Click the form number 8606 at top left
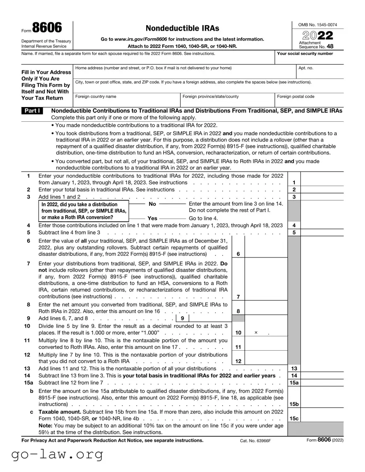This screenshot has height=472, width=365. tap(47, 28)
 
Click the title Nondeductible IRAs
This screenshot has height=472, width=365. tap(182, 28)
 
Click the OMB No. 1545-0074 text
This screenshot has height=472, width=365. tap(318, 25)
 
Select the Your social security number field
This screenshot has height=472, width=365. tap(310, 59)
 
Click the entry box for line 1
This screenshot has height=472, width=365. tap(322, 182)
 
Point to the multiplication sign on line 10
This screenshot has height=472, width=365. tap(256, 333)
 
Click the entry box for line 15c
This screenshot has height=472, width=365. tap(322, 418)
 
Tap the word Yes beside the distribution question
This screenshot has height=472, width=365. tap(152, 218)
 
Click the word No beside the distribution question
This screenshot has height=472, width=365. tap(152, 204)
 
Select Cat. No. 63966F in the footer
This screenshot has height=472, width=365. tap(255, 441)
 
